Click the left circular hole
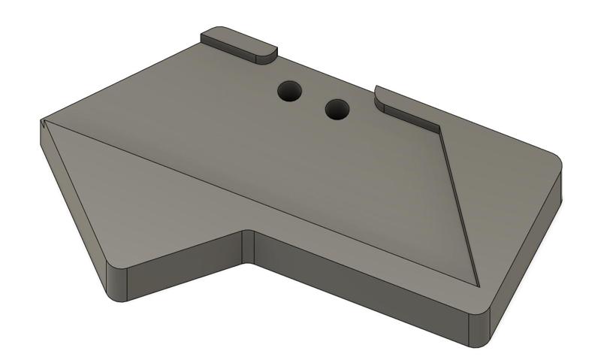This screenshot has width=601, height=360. [289, 92]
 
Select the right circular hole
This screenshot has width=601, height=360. [337, 110]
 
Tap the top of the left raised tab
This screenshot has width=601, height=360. [237, 41]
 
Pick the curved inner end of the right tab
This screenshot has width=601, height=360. [379, 95]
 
